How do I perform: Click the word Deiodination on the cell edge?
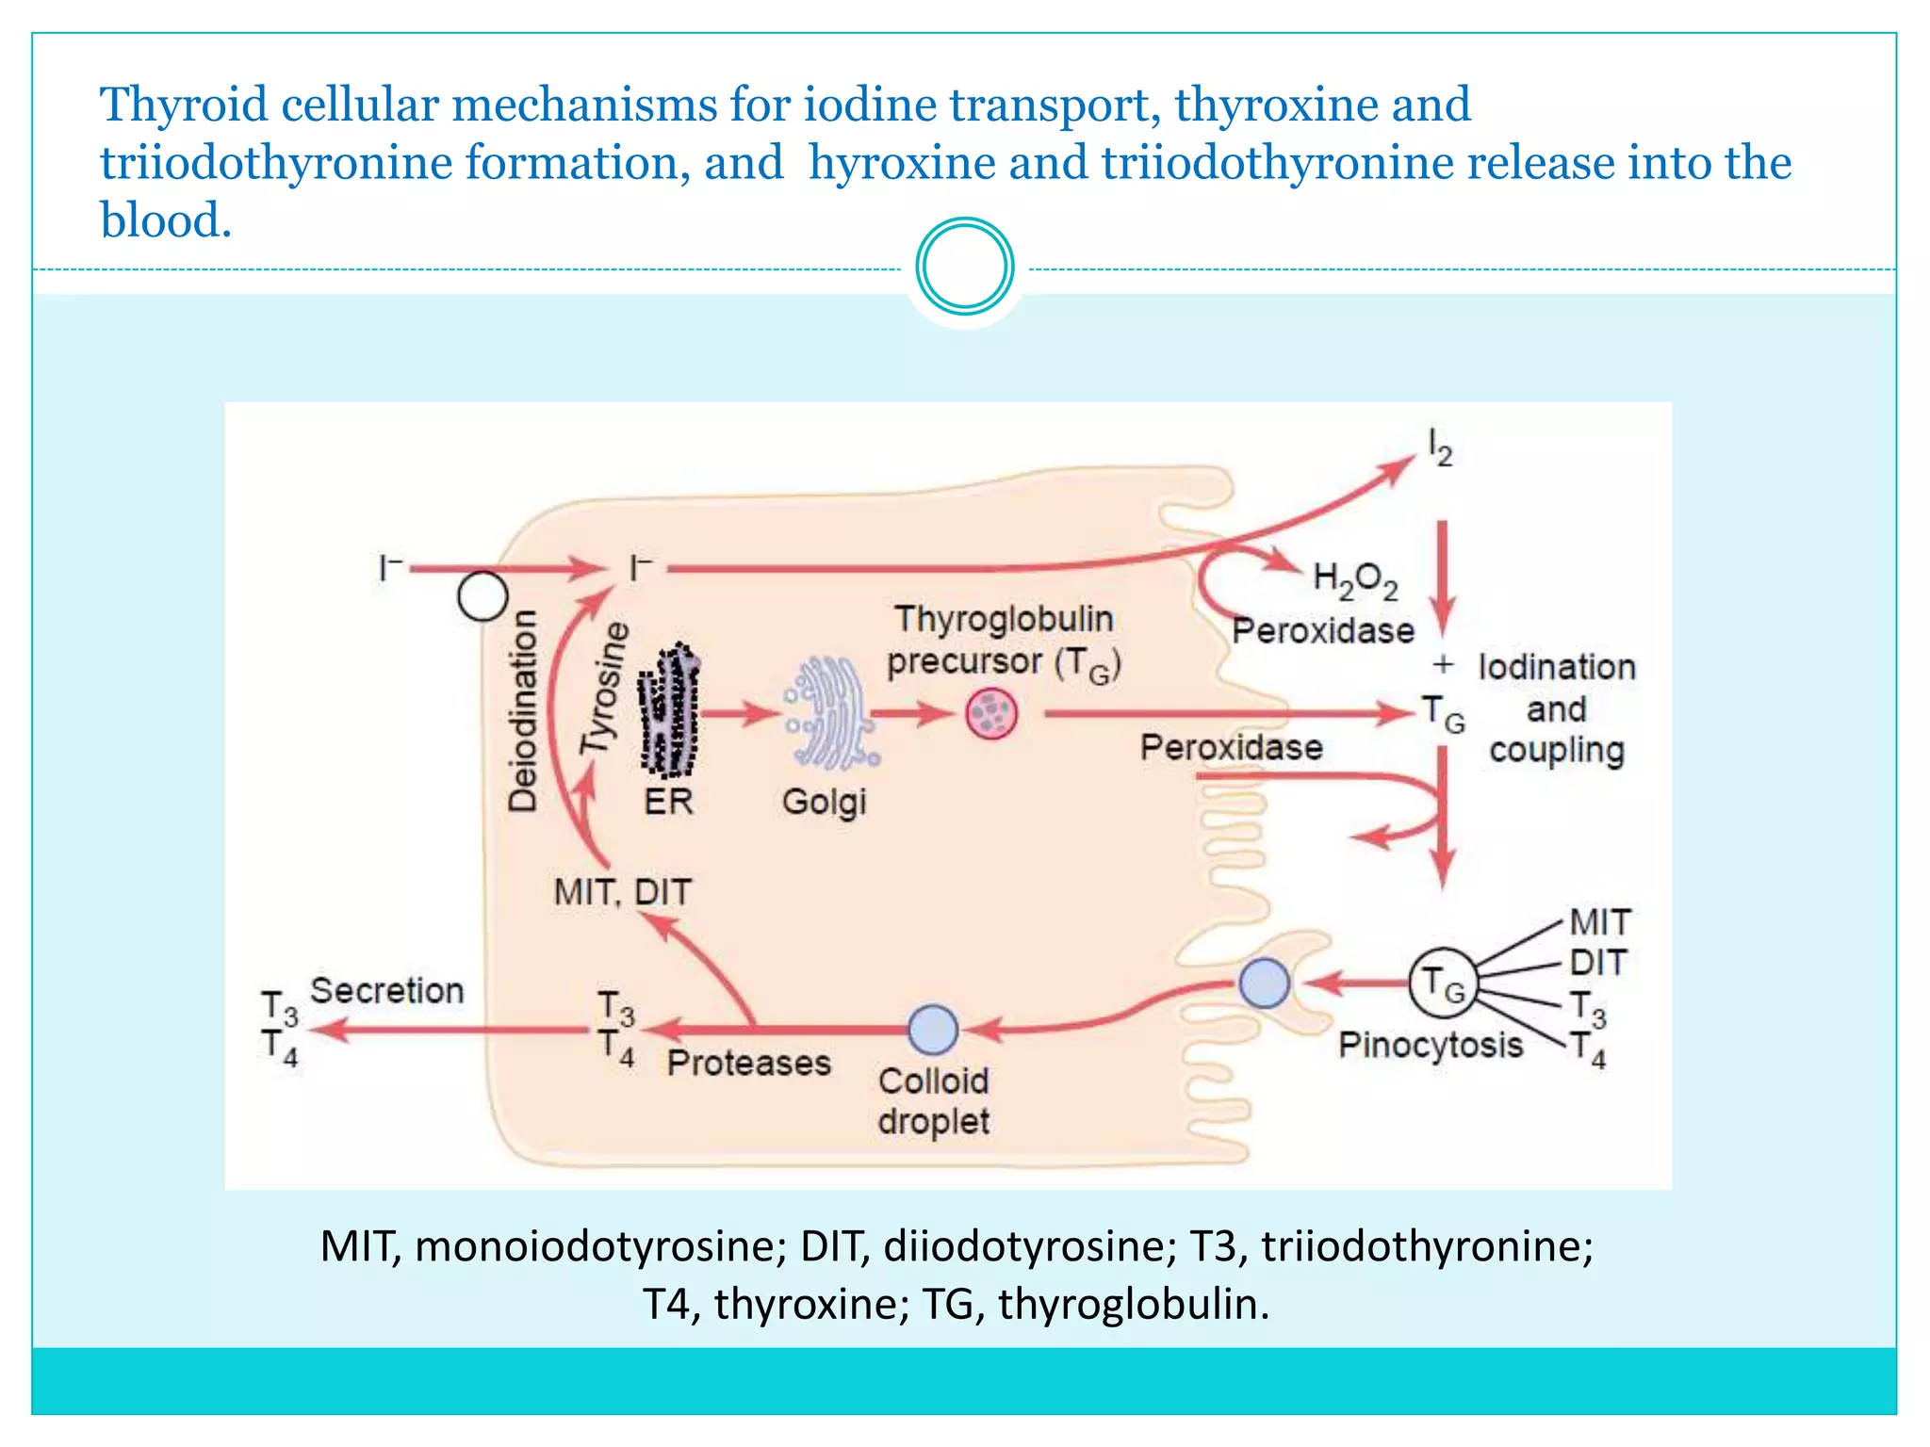[x=523, y=710]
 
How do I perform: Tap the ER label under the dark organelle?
[x=668, y=802]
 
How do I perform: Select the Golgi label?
[x=824, y=802]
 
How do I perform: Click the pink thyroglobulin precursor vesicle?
[x=991, y=713]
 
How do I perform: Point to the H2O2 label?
[x=1354, y=580]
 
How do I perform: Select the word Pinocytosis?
[x=1430, y=1045]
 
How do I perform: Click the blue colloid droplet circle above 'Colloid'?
[x=933, y=1029]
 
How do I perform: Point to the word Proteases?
[x=748, y=1063]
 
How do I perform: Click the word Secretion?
[x=386, y=990]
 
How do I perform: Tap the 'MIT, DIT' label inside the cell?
[x=622, y=891]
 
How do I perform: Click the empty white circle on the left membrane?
[x=482, y=595]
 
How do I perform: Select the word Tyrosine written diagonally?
[x=604, y=688]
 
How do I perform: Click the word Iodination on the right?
[x=1556, y=667]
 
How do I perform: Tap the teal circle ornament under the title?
[x=964, y=266]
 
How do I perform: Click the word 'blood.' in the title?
[x=166, y=220]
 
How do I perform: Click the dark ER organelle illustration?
[x=669, y=711]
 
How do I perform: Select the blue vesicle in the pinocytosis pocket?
[x=1264, y=984]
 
